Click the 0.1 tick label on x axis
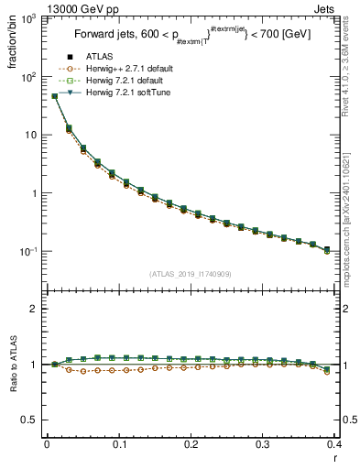pos(119,444)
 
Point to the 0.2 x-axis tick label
pos(191,444)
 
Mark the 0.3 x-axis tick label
pos(264,444)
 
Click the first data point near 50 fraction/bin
pos(54,95)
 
